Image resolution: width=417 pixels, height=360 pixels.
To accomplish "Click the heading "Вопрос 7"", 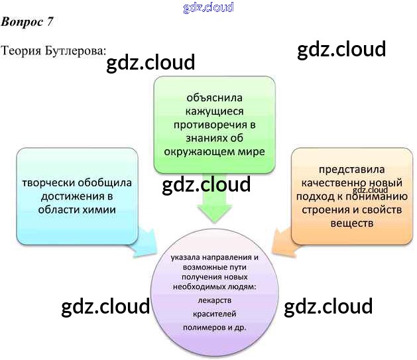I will [27, 22].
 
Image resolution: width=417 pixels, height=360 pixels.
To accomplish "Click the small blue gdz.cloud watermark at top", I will [208, 7].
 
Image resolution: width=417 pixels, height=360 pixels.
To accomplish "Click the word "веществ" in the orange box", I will [351, 223].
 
